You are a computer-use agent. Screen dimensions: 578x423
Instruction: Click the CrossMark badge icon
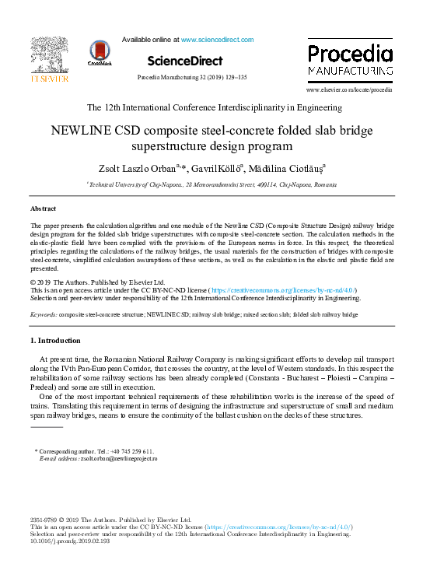100,54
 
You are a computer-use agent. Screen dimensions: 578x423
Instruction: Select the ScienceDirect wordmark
184,61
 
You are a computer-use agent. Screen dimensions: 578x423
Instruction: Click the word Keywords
43,315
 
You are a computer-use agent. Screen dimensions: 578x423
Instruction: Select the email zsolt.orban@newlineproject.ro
119,459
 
